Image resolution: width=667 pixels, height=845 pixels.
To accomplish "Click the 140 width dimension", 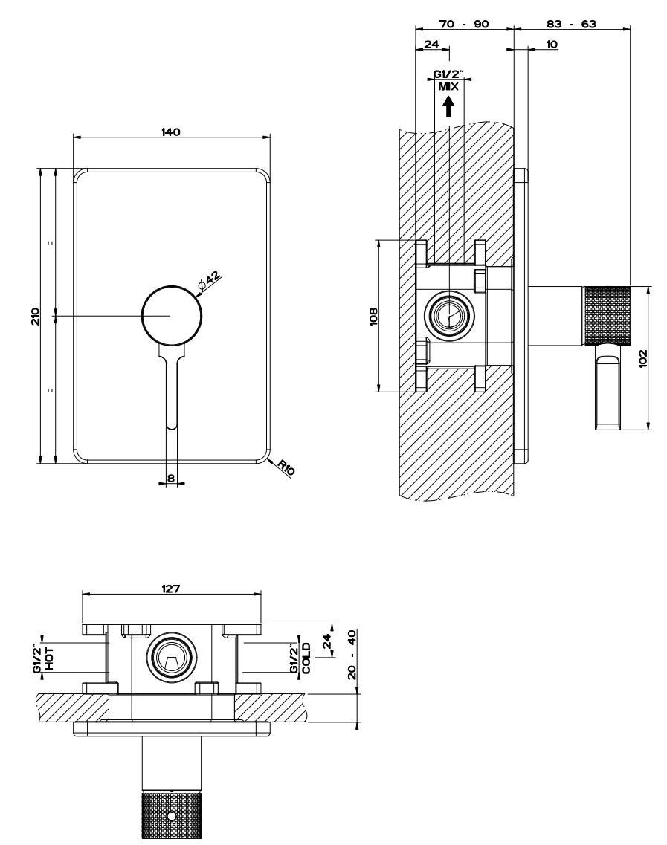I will click(x=171, y=132).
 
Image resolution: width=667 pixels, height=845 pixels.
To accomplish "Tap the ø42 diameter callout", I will click(x=210, y=279).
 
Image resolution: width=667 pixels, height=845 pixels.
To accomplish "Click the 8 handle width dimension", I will click(x=171, y=479).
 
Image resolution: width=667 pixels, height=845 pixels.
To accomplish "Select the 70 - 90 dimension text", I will click(x=464, y=24).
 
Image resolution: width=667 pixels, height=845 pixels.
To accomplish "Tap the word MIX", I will click(x=448, y=86).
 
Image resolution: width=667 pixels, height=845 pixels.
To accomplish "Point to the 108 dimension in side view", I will click(x=373, y=316).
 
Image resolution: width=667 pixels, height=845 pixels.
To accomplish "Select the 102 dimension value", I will click(x=643, y=358).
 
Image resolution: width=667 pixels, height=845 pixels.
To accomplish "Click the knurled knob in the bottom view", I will click(x=171, y=815).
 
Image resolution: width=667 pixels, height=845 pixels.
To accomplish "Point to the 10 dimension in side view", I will click(x=552, y=45).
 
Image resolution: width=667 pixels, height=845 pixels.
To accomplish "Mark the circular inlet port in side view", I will click(x=448, y=316).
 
